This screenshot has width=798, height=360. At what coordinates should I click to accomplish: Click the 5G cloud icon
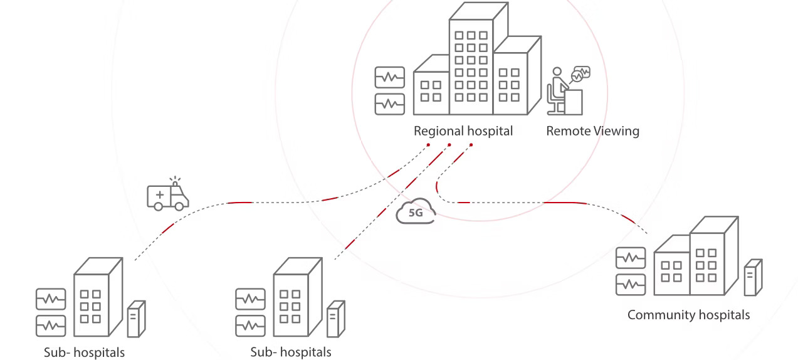click(x=416, y=212)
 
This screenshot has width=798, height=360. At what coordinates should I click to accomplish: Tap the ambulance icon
click(x=167, y=196)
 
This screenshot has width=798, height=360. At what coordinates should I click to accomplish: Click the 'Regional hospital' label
click(x=463, y=131)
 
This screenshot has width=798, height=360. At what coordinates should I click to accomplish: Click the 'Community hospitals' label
click(x=688, y=315)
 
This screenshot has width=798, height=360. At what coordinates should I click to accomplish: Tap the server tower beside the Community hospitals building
click(x=753, y=277)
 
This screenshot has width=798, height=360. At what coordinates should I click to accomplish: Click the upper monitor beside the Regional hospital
click(x=389, y=78)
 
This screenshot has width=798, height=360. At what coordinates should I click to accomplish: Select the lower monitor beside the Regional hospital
click(x=389, y=103)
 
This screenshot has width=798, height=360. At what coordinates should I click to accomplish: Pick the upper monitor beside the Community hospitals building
click(x=630, y=258)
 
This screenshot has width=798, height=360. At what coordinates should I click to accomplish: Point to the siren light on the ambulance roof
click(x=176, y=183)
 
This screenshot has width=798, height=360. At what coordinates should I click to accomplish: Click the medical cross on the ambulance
click(x=159, y=195)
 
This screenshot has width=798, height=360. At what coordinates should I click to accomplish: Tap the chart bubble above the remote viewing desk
click(x=581, y=73)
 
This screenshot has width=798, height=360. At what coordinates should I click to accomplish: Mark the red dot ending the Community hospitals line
click(x=471, y=145)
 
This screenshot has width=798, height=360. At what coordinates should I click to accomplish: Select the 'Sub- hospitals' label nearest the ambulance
click(x=84, y=352)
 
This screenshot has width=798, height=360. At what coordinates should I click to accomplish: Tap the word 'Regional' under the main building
click(x=438, y=131)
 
